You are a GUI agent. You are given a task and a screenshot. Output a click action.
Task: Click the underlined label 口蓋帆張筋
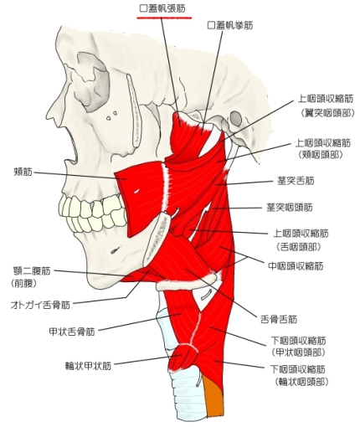coord(162,9)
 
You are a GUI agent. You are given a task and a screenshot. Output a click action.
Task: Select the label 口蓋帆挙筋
coord(230,26)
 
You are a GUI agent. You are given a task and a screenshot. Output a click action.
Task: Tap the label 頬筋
coord(23,172)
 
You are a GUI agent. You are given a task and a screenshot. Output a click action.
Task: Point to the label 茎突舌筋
coord(296,181)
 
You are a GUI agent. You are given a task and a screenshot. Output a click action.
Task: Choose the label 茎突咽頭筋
coord(290,208)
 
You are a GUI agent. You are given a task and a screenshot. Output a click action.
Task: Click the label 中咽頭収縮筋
coord(296,266)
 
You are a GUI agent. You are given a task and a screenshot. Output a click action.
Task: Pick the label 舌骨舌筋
coord(279,319)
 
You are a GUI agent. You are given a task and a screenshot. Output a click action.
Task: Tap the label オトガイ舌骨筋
coord(40,305)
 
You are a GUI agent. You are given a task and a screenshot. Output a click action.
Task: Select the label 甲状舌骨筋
coord(72,332)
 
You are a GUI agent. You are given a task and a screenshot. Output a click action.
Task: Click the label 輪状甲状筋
coord(88,366)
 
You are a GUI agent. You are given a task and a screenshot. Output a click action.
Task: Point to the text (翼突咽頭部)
coord(327,113)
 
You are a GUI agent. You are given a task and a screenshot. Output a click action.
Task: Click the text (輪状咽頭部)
coord(301,382)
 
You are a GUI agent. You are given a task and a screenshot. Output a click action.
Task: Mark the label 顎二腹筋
coord(32,270)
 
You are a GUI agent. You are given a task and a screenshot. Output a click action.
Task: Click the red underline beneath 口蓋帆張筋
coord(164,18)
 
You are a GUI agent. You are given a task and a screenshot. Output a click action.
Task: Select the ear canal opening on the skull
coord(236,117)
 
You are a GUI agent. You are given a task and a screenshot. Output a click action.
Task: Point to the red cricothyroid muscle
coord(183,358)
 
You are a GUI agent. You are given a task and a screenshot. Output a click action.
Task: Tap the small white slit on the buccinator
coord(136,191)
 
